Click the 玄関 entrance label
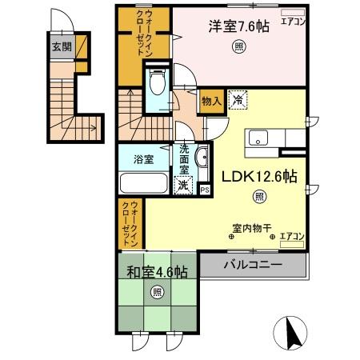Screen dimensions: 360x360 (x=62, y=46)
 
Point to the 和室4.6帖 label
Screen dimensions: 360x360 (x=157, y=270)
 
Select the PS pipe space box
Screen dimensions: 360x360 (x=204, y=190)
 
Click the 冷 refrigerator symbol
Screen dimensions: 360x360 (x=238, y=100)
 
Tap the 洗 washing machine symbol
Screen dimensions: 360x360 (x=183, y=185)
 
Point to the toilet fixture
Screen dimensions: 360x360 (x=157, y=83)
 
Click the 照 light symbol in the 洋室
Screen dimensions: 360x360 (x=239, y=47)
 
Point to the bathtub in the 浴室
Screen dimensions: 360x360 (x=144, y=183)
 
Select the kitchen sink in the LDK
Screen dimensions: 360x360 (x=260, y=137)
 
